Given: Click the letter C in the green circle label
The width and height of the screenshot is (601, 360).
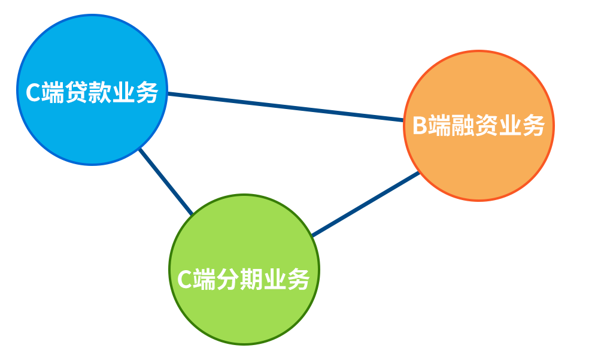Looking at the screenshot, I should click(184, 280).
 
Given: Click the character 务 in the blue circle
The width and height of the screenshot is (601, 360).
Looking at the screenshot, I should click(146, 93).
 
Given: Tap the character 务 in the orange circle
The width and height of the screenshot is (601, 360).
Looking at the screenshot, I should click(532, 126).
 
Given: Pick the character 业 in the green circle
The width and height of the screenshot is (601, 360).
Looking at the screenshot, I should click(274, 280).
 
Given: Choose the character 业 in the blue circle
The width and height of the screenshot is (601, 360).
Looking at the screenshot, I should click(123, 93).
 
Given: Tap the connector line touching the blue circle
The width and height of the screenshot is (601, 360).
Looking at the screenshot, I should click(148, 159).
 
